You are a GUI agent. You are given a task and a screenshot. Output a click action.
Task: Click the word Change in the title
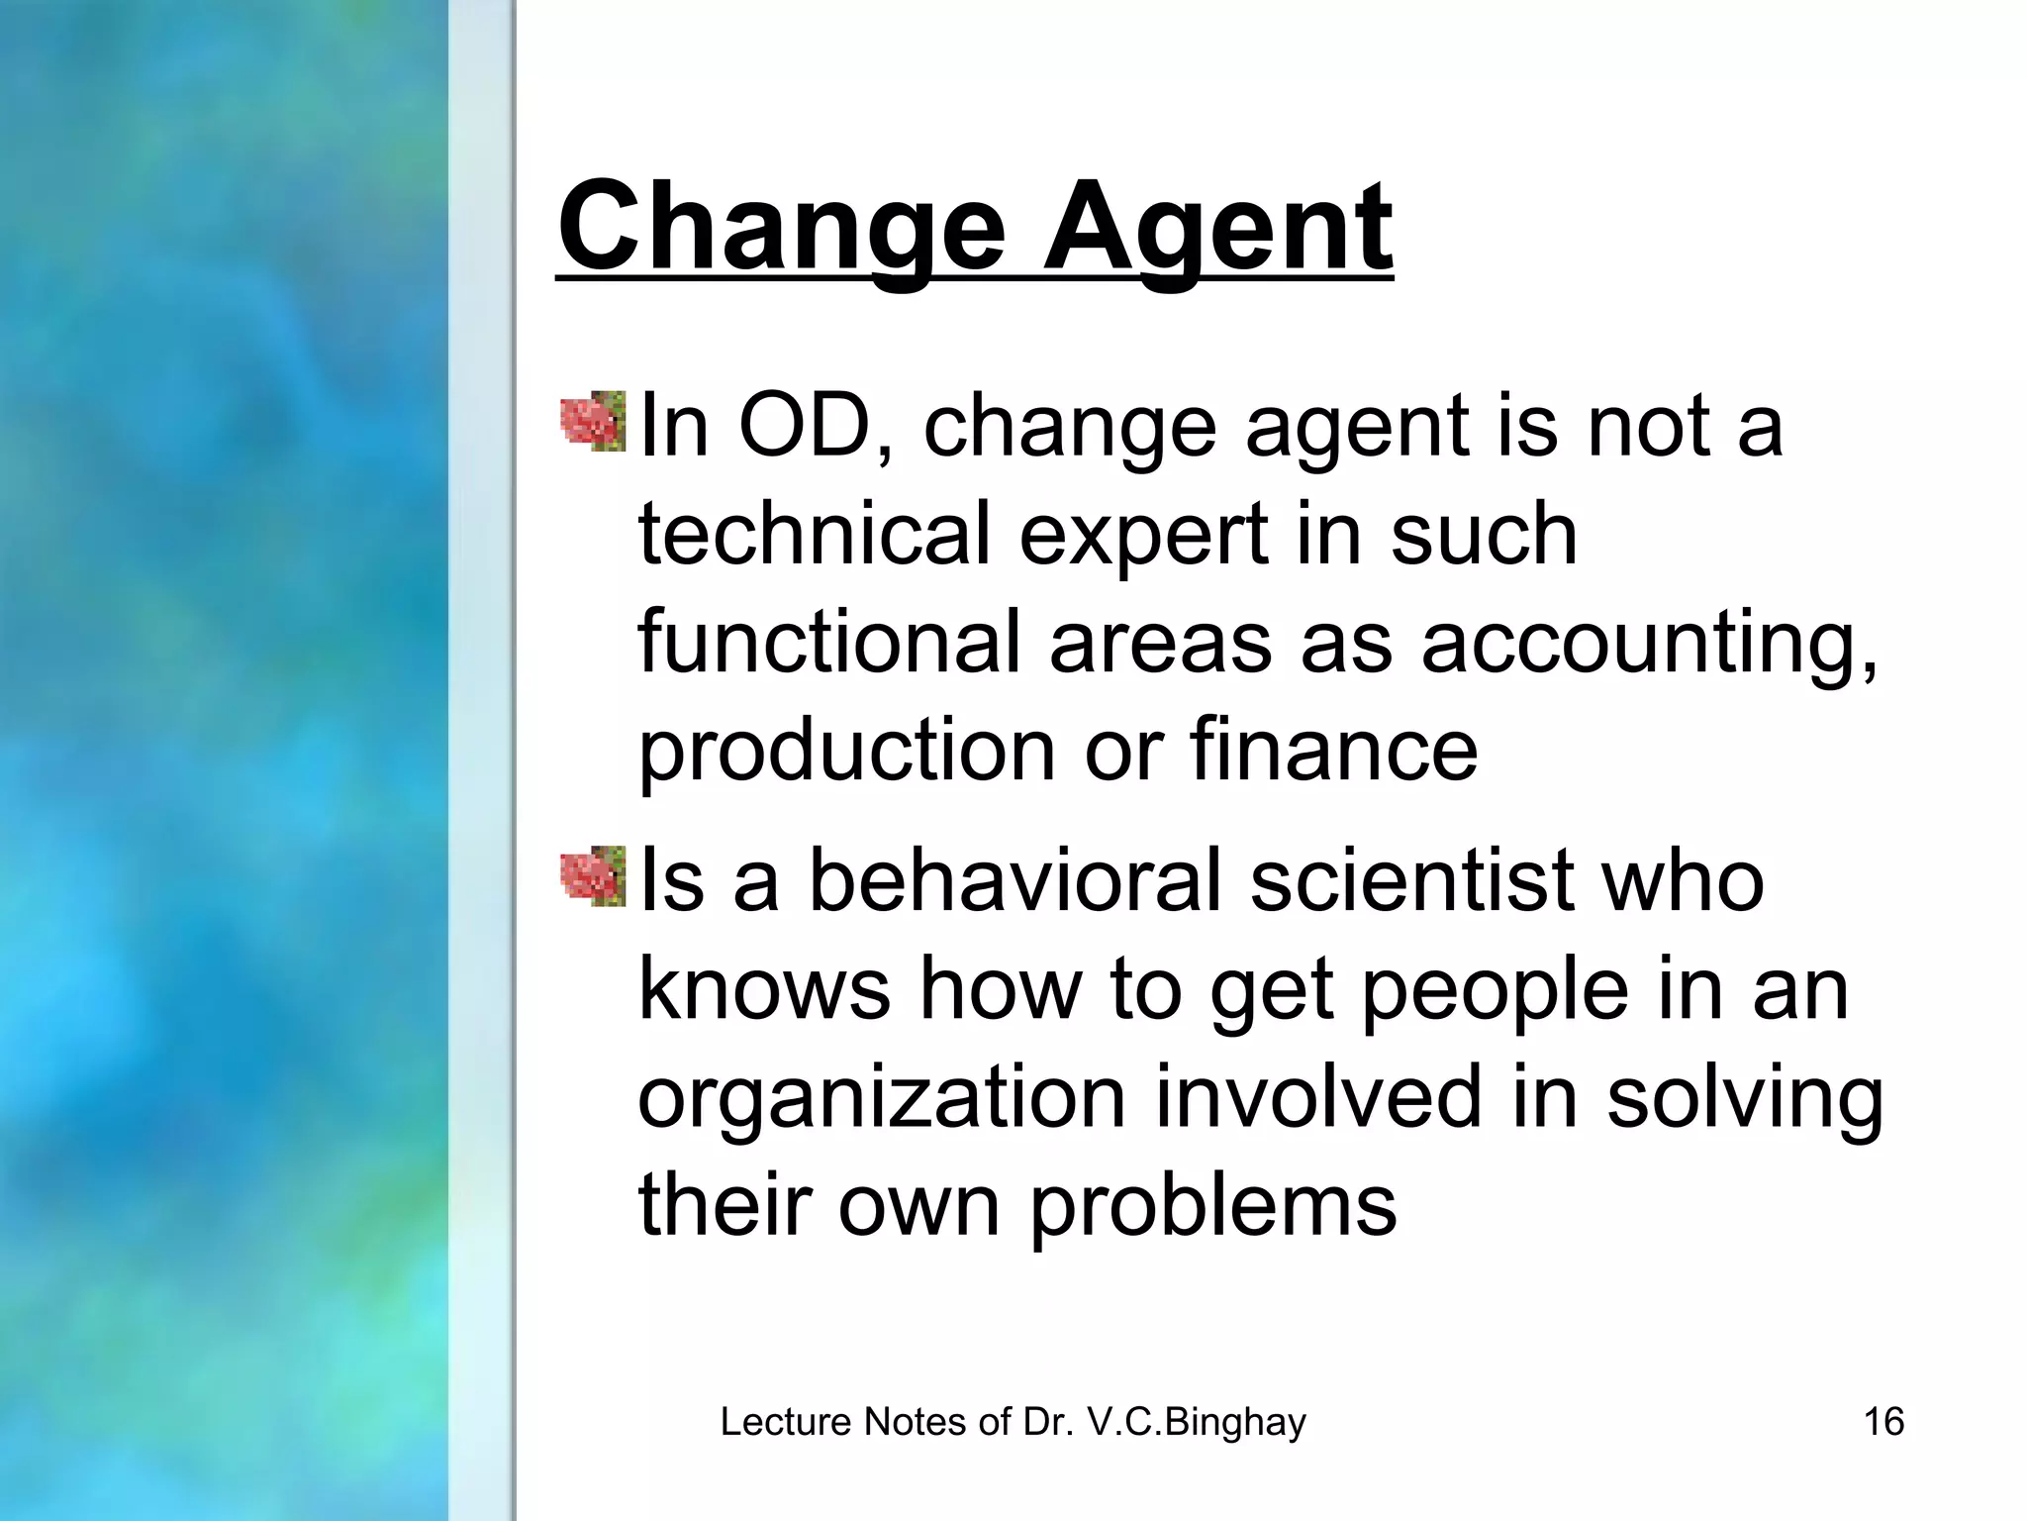click(782, 230)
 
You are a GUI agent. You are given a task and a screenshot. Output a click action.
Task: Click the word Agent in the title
click(1217, 230)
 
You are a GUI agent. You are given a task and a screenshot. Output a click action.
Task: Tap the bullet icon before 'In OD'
click(593, 422)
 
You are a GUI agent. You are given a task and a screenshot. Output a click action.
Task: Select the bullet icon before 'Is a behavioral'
click(593, 876)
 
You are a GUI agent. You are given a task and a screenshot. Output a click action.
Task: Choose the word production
click(846, 753)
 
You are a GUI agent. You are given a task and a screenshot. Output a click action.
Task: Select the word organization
click(882, 1100)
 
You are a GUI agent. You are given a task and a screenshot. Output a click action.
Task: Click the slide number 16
click(1883, 1422)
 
